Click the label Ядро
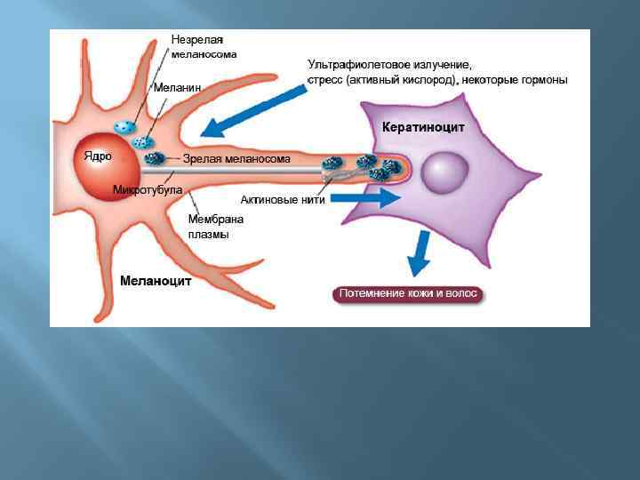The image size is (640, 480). click(98, 156)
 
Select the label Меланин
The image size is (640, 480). click(177, 88)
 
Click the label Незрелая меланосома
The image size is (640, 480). click(204, 46)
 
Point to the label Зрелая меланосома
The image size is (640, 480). click(236, 159)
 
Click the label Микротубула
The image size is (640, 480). click(148, 189)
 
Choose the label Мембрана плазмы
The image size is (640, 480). click(215, 227)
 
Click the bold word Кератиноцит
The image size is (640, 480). click(423, 127)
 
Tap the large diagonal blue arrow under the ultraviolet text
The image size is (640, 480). click(252, 107)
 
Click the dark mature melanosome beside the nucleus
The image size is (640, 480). click(156, 158)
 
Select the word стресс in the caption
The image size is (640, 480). click(325, 80)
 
